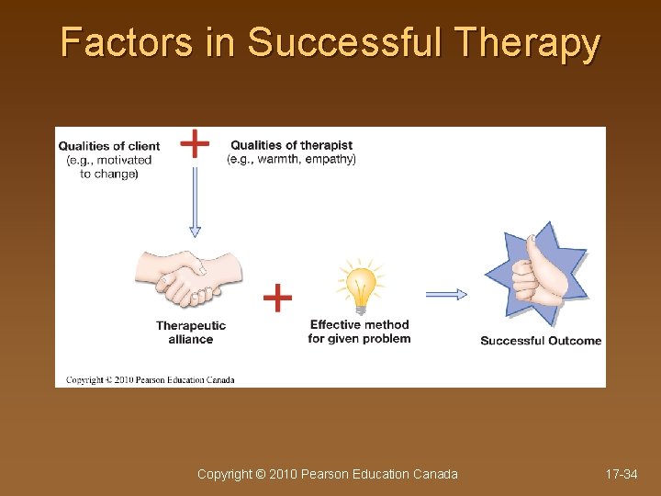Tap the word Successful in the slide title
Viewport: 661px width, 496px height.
[x=346, y=43]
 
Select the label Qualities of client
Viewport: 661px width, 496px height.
[x=109, y=146]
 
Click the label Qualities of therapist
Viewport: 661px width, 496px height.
[x=291, y=145]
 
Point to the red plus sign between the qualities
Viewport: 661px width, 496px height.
[x=194, y=143]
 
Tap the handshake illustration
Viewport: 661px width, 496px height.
[x=190, y=276]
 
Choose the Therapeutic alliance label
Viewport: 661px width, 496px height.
[x=191, y=333]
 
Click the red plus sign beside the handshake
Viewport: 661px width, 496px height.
[x=277, y=297]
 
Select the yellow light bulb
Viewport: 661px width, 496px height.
[x=359, y=286]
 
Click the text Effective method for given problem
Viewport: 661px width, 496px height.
[x=359, y=332]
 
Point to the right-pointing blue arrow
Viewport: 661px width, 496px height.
[x=446, y=294]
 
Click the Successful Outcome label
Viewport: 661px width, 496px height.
[x=541, y=341]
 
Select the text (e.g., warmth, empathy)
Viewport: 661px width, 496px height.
[x=291, y=159]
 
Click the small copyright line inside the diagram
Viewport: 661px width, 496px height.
[x=150, y=379]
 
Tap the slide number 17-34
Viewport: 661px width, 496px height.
[x=622, y=474]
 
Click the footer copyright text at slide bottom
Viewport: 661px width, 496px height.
[x=328, y=474]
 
